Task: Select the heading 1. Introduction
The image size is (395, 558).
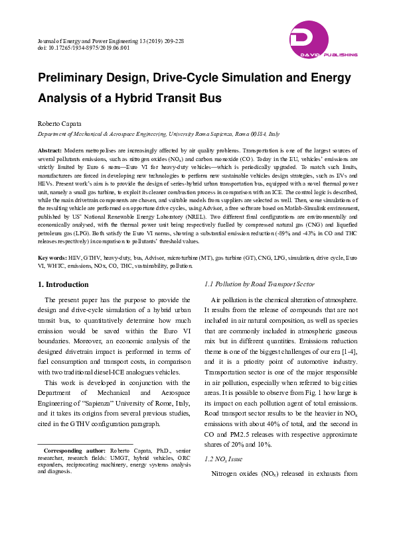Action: pos(63,284)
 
